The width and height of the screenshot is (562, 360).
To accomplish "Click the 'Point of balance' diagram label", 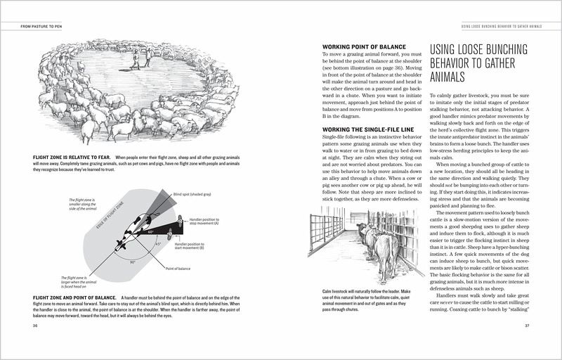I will [178, 269].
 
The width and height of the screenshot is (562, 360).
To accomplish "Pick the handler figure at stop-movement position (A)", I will [181, 219].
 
